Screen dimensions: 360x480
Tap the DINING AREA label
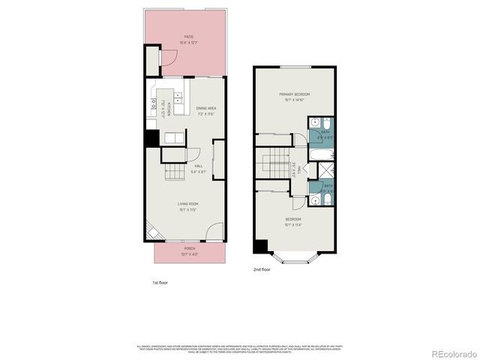(x=205, y=109)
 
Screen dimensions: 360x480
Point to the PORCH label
(x=189, y=250)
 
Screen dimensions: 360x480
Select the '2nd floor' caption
(x=261, y=268)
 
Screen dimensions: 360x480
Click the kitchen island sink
(x=178, y=97)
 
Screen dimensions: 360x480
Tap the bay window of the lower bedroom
(x=295, y=256)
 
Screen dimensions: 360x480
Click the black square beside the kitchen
(x=151, y=139)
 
